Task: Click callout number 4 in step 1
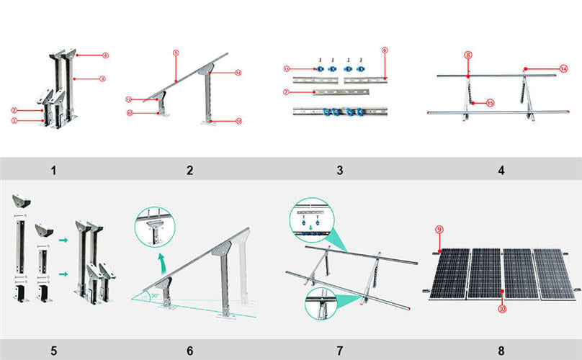(x=106, y=55)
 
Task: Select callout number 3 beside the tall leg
(x=104, y=78)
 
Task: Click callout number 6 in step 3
(x=385, y=50)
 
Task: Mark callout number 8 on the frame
(x=468, y=55)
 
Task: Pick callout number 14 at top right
(x=565, y=68)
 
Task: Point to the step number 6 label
(x=189, y=351)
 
